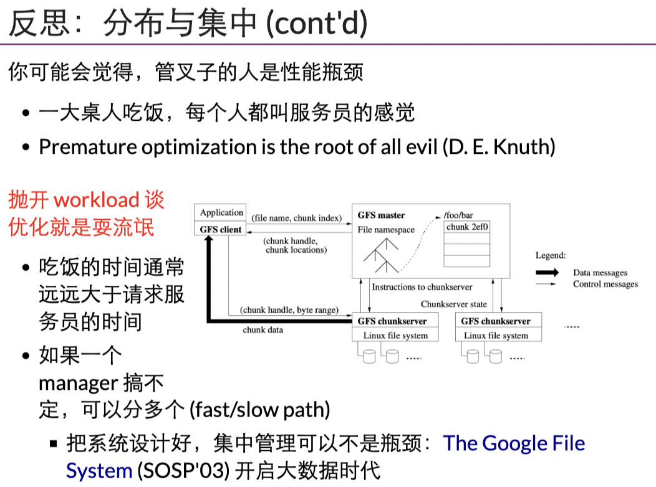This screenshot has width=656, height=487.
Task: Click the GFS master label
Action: [x=381, y=215]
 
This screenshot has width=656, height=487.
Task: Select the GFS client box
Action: [x=221, y=230]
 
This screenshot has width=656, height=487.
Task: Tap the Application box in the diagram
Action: [x=221, y=213]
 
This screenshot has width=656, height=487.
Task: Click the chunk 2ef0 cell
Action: [x=467, y=227]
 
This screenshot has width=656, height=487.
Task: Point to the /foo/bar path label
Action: [x=458, y=215]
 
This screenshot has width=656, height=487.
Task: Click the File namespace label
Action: [x=386, y=230]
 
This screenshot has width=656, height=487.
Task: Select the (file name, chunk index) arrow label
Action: [x=297, y=219]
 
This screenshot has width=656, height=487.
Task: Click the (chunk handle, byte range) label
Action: [x=289, y=310]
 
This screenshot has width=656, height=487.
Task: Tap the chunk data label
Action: [x=263, y=330]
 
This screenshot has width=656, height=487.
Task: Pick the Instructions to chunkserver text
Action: [x=422, y=287]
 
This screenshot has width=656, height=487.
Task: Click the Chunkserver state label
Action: [x=454, y=304]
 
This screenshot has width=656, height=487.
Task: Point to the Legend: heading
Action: [x=551, y=255]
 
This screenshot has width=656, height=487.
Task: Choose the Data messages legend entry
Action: [x=600, y=273]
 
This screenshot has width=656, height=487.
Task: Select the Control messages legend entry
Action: [x=605, y=285]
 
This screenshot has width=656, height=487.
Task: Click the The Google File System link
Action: [x=513, y=443]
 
